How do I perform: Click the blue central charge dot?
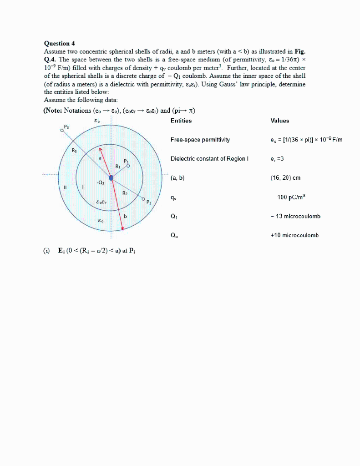[x=111, y=177]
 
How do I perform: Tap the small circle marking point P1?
[x=128, y=166]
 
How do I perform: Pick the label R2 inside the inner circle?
[x=125, y=193]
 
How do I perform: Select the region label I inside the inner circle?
[x=83, y=187]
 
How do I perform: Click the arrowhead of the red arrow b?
[x=123, y=230]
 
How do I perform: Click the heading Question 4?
[x=59, y=43]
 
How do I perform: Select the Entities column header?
[x=181, y=121]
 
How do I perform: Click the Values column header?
[x=279, y=121]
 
